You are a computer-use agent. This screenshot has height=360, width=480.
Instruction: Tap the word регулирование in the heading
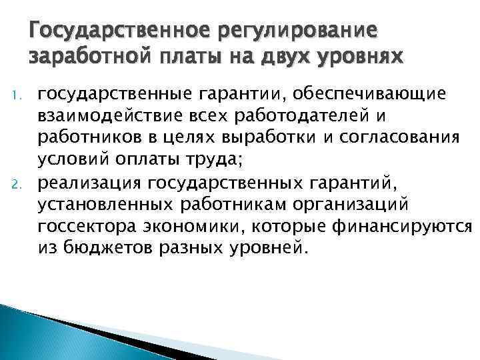[x=286, y=31]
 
